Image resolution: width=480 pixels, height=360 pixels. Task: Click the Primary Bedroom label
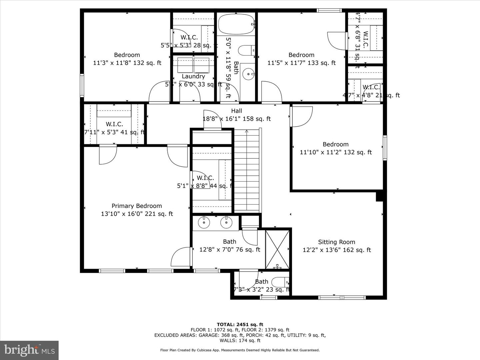click(x=137, y=206)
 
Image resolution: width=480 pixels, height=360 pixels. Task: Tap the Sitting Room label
click(x=336, y=242)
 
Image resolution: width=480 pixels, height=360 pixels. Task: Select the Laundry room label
click(x=193, y=76)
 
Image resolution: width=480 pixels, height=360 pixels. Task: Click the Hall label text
click(x=236, y=111)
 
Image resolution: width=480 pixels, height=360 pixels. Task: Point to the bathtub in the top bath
click(x=236, y=24)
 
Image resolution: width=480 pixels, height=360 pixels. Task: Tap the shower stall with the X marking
click(x=278, y=248)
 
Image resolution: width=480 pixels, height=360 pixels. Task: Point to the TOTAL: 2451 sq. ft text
click(x=240, y=324)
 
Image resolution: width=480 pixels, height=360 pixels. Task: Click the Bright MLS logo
click(x=29, y=350)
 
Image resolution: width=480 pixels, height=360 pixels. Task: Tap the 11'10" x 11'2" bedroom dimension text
click(x=336, y=152)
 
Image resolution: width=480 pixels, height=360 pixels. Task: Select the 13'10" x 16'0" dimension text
click(x=137, y=214)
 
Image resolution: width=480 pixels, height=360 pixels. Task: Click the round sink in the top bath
click(x=247, y=74)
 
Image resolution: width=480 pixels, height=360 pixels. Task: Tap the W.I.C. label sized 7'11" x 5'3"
click(x=114, y=124)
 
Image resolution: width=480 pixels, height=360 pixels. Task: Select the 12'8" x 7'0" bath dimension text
click(x=230, y=250)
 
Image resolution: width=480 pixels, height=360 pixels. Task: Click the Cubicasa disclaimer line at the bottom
click(x=240, y=350)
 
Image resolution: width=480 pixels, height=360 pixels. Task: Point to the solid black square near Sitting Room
click(x=379, y=196)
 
